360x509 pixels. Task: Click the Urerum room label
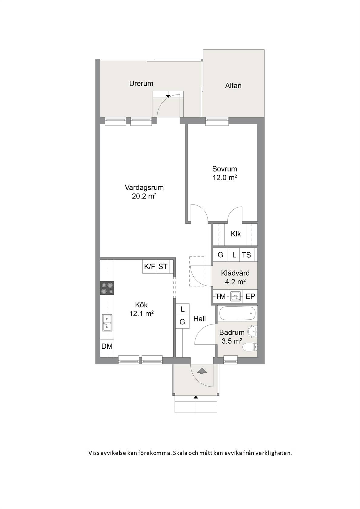(141, 84)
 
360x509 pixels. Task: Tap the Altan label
(233, 86)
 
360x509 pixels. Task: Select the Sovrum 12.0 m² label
(225, 173)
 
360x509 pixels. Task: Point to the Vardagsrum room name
(144, 188)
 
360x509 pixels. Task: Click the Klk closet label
(236, 234)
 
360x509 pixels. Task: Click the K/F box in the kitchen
(149, 266)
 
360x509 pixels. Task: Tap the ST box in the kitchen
(163, 266)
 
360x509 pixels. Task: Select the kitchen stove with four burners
(107, 288)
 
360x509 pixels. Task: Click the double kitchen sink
(107, 323)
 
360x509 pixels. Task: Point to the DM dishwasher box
(107, 346)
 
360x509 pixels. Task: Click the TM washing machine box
(221, 296)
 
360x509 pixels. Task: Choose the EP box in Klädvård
(250, 296)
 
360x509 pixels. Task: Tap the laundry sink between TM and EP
(235, 296)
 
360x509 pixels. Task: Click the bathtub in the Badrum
(237, 313)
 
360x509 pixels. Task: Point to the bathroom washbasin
(252, 332)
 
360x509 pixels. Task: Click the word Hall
(199, 319)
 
